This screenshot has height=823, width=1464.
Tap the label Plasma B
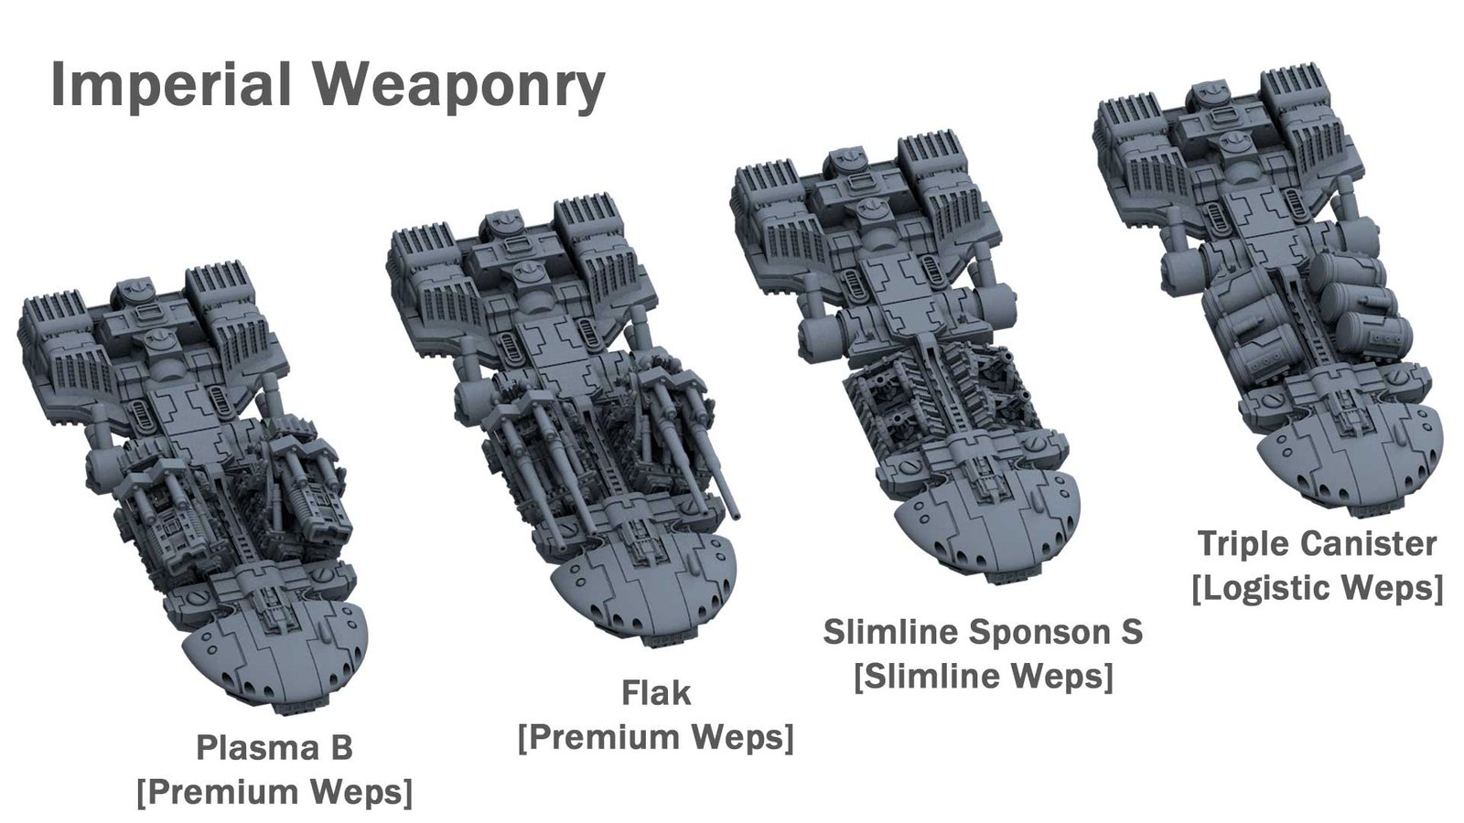tap(274, 748)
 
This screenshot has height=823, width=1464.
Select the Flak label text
tap(655, 693)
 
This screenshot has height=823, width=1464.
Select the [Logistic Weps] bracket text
tap(1318, 588)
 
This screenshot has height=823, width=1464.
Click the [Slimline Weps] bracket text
tap(984, 676)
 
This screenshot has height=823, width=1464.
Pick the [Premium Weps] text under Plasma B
tap(274, 792)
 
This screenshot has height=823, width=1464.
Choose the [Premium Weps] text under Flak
tap(655, 737)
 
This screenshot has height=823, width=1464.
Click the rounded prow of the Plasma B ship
tap(274, 659)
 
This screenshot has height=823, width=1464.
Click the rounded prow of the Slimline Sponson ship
tap(987, 529)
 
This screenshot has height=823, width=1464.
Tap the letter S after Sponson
tap(1132, 632)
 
